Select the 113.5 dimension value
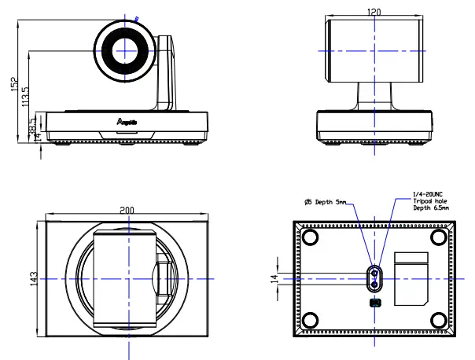[26, 97]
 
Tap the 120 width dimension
[374, 13]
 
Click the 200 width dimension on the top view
[127, 211]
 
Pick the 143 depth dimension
[33, 279]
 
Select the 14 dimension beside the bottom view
[274, 279]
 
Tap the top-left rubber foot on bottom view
[310, 237]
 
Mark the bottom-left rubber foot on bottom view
[310, 321]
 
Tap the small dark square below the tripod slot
[374, 303]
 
